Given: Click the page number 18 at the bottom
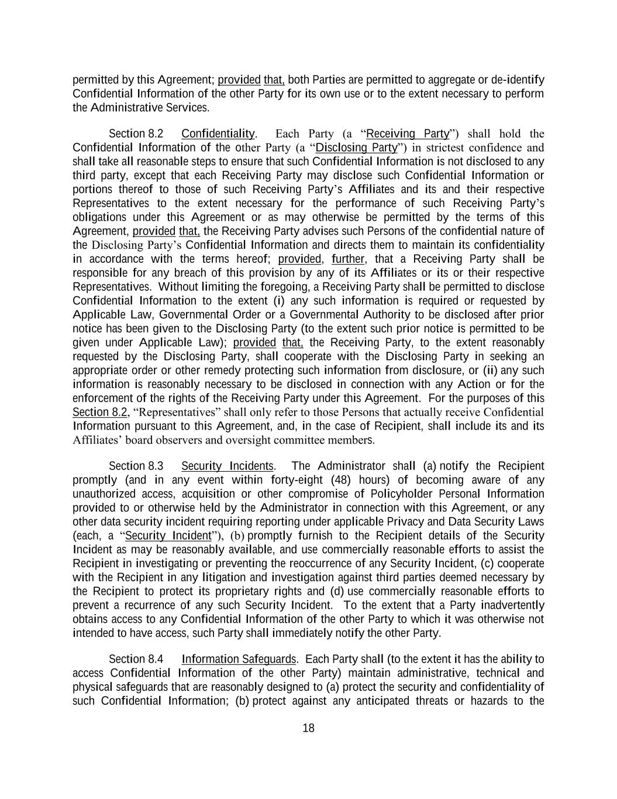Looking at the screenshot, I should pyautogui.click(x=308, y=728).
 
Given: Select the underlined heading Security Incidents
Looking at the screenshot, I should pyautogui.click(x=227, y=466).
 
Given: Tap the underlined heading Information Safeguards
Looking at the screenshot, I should pyautogui.click(x=239, y=659).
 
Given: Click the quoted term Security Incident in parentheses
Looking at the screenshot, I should pyautogui.click(x=168, y=536).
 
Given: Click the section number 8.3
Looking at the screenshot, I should pyautogui.click(x=156, y=466).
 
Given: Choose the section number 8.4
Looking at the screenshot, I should pyautogui.click(x=156, y=659).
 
